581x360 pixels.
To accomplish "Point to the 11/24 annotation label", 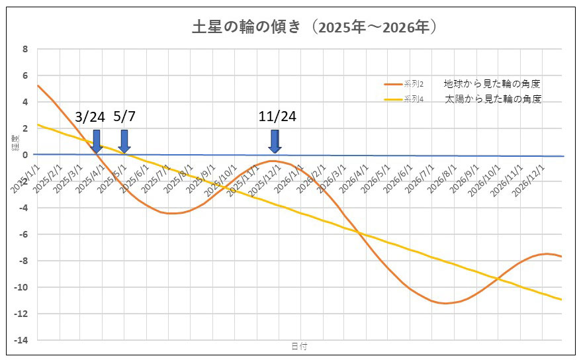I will coord(277,118).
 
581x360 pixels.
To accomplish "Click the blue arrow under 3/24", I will coord(97,141).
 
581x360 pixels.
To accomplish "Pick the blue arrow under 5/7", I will coord(124,141).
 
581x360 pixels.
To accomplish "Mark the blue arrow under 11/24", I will coord(275,141).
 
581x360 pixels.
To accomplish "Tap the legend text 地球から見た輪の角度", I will coord(492,84).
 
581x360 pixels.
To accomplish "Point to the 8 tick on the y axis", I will coord(24,49).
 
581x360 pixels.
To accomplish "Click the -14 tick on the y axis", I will coord(21,340).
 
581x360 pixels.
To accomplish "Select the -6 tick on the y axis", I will coord(23,234).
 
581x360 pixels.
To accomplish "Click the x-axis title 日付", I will coord(299,347).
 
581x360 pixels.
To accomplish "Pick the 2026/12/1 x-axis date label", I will coord(529,179).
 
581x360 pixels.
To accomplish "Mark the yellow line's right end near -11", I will coord(561,300).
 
